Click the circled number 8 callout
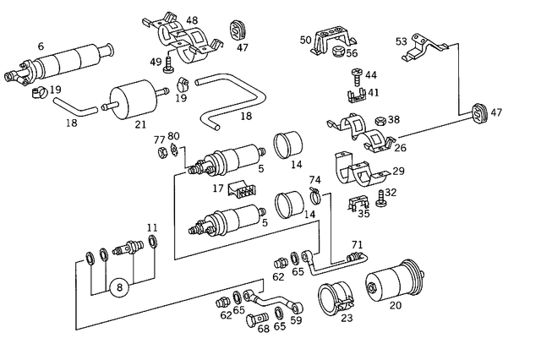pyautogui.click(x=120, y=287)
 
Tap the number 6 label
pyautogui.click(x=41, y=47)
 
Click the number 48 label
pyautogui.click(x=192, y=19)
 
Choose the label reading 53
pyautogui.click(x=402, y=41)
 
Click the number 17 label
pyautogui.click(x=218, y=188)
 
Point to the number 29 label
pyautogui.click(x=398, y=171)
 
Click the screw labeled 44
pyautogui.click(x=355, y=75)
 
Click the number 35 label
pyautogui.click(x=363, y=214)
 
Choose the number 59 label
pyautogui.click(x=297, y=320)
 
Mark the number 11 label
pyautogui.click(x=152, y=227)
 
